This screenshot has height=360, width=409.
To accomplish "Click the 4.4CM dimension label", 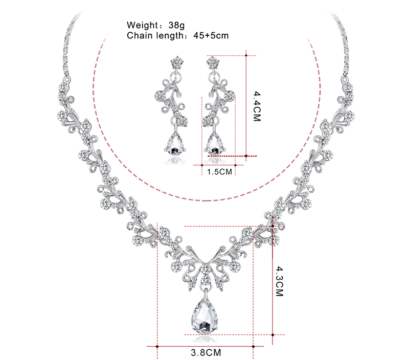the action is (x=257, y=106).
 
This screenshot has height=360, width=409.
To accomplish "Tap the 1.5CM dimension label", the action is (x=219, y=172).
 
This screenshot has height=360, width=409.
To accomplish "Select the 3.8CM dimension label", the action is (x=206, y=352).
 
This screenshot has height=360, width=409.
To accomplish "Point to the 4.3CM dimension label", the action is (x=279, y=281).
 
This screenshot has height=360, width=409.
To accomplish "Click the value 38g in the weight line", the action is (x=176, y=25).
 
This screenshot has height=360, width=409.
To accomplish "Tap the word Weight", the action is (x=142, y=25).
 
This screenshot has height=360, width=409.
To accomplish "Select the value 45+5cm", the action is (x=211, y=35).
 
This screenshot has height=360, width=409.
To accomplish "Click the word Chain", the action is (x=140, y=35).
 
